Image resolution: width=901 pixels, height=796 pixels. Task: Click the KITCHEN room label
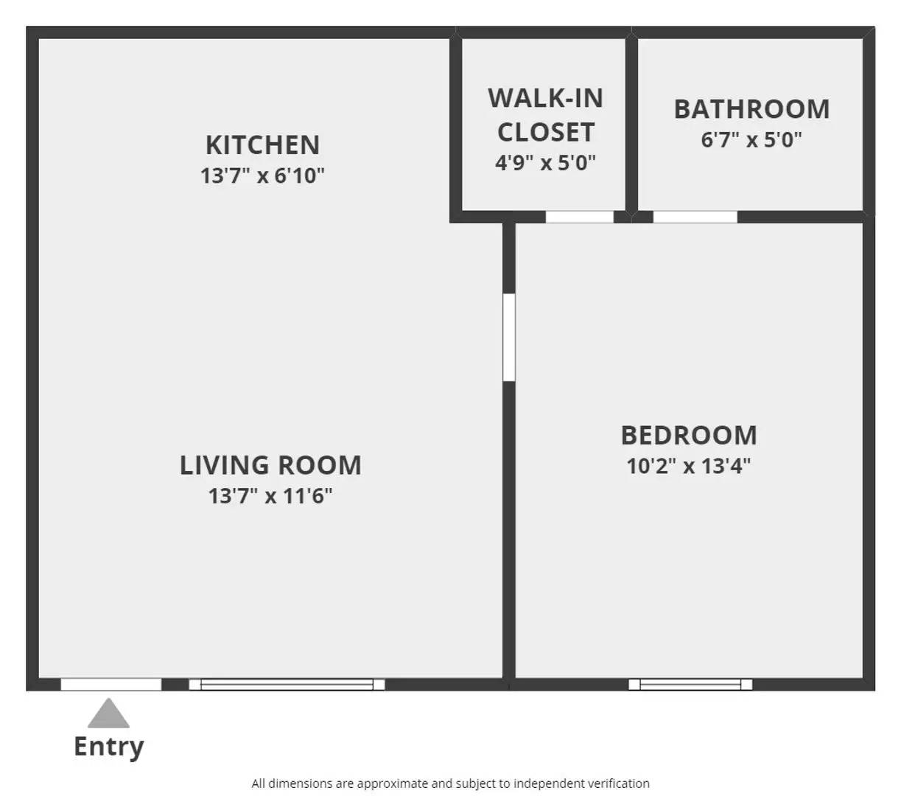262,144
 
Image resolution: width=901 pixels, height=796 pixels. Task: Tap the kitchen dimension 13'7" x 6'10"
262,176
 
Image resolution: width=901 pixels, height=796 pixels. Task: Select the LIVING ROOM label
270,465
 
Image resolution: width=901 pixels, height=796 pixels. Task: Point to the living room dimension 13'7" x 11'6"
270,496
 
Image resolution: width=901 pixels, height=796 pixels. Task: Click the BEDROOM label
689,435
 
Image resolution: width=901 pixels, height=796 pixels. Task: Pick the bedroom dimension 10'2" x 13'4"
689,466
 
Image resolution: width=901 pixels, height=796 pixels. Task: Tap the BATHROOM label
751,109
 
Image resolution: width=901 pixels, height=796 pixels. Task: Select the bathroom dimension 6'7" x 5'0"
751,139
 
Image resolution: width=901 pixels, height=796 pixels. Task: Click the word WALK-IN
545,98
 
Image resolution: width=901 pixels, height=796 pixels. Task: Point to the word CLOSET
545,133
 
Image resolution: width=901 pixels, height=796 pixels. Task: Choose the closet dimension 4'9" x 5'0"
545,162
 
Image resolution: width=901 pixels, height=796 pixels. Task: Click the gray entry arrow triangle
109,714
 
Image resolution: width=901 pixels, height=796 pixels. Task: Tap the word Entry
109,747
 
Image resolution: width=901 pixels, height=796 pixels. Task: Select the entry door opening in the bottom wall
111,685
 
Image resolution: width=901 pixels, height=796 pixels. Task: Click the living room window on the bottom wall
287,685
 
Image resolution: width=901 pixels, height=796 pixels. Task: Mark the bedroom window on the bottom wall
690,685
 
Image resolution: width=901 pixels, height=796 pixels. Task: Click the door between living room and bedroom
508,338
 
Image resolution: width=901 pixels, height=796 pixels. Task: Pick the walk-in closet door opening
579,217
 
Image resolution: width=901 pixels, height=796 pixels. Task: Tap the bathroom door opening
695,217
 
